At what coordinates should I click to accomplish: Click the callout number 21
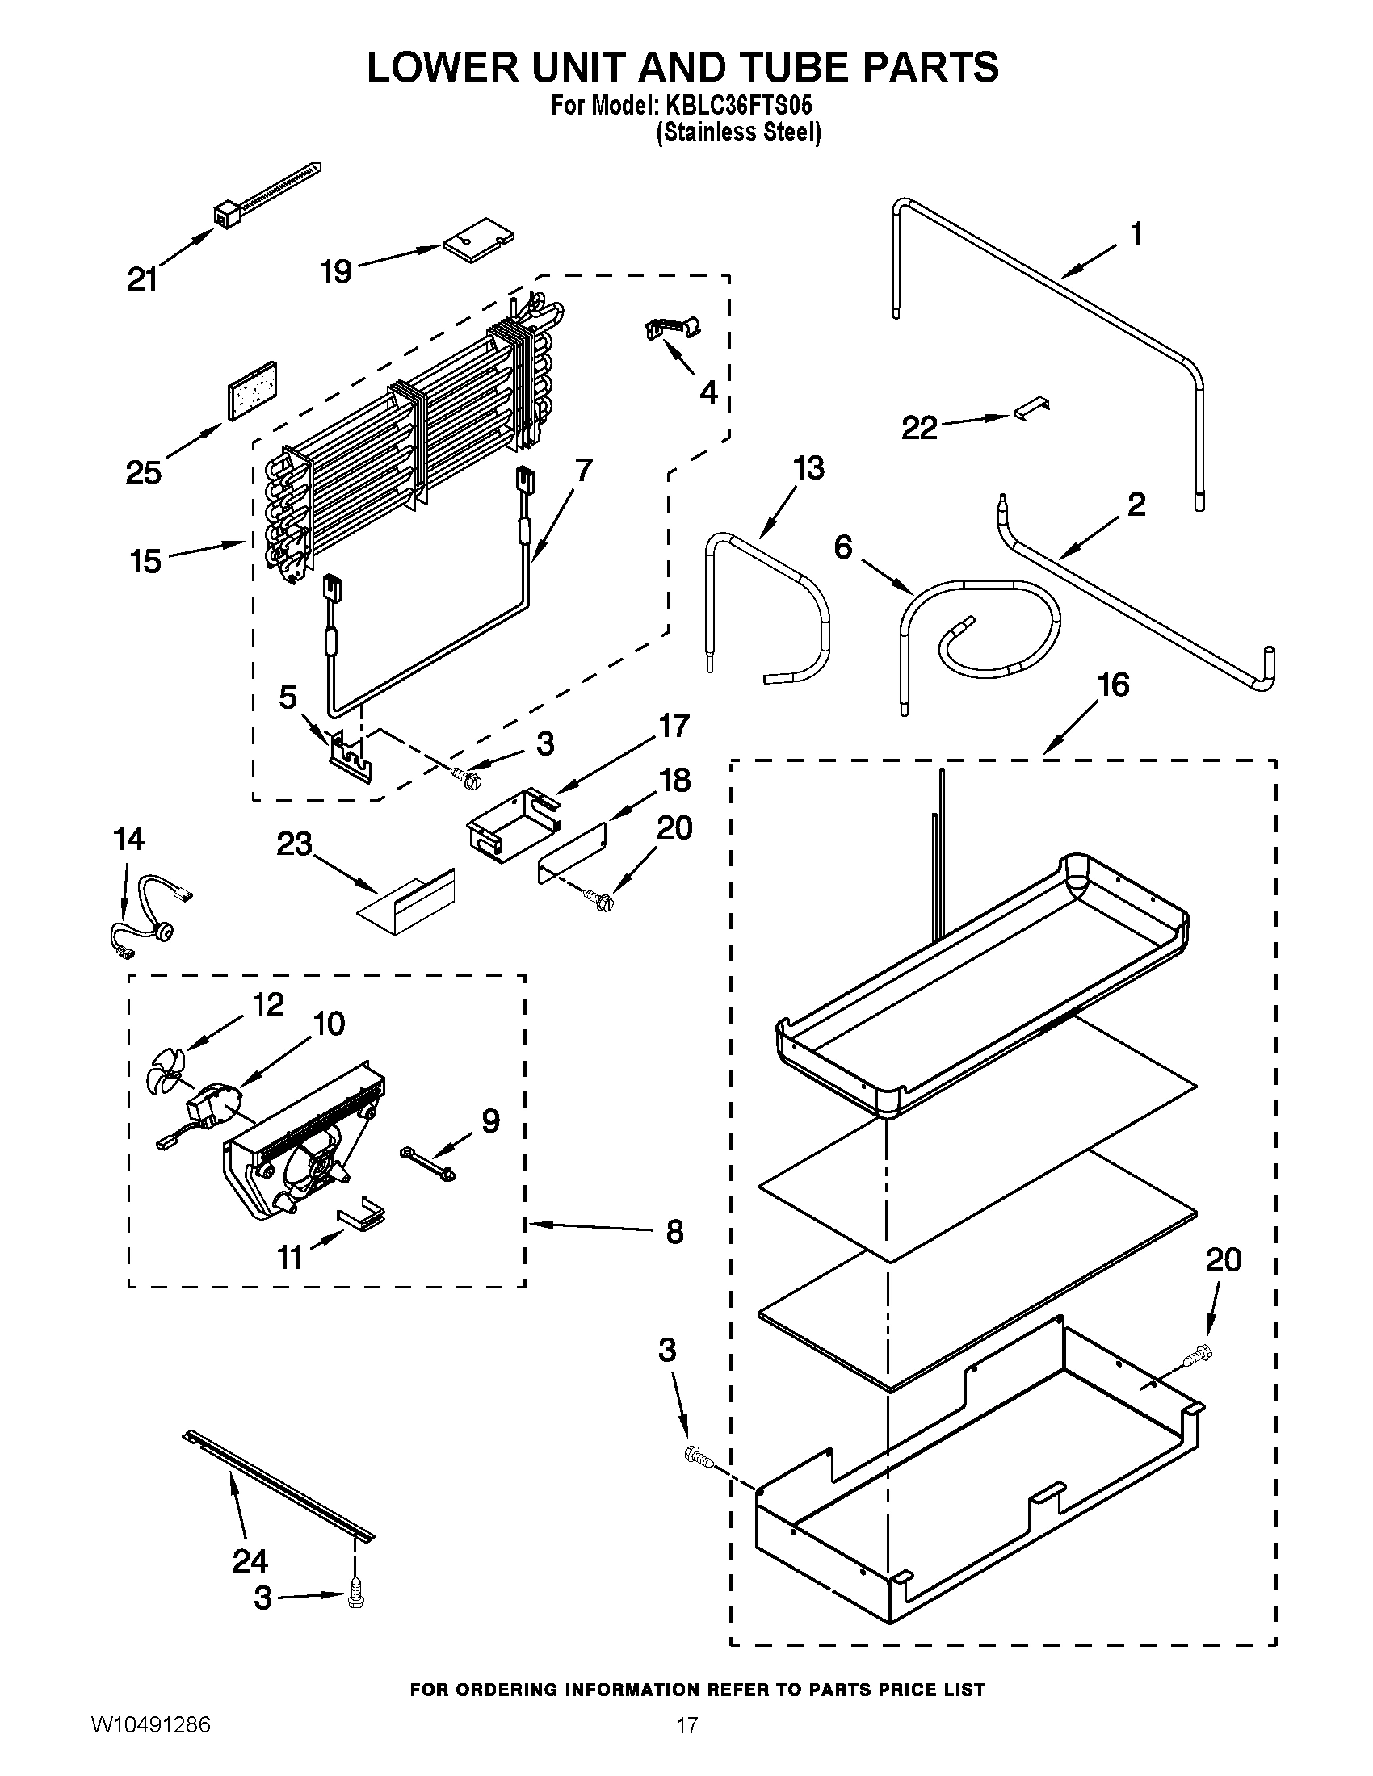coord(142,279)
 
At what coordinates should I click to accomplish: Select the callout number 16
coord(1113,685)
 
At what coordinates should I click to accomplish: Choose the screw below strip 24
coord(355,1598)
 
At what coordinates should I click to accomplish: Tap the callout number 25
coord(144,472)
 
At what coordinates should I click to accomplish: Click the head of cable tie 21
coord(225,216)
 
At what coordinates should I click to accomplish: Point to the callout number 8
coord(674,1232)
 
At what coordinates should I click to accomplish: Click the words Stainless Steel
coord(738,132)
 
